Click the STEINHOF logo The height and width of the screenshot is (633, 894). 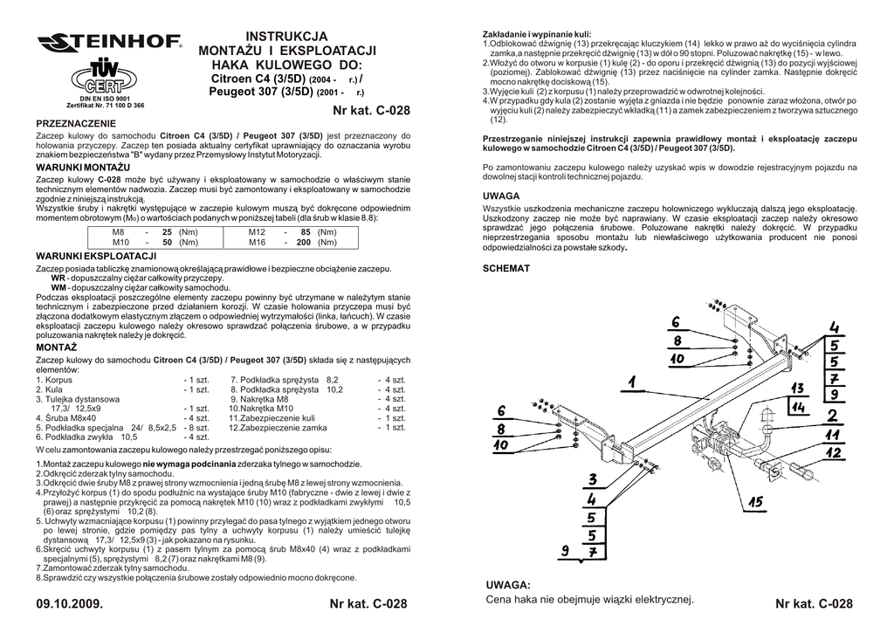pos(109,41)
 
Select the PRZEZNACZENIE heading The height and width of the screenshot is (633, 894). pos(74,126)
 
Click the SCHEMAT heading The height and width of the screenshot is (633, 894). pos(506,269)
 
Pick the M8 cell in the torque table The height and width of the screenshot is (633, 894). pos(120,232)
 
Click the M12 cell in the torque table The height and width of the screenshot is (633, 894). pos(257,232)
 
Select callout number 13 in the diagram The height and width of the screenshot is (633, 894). pos(797,389)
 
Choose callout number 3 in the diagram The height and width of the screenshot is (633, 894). pos(592,479)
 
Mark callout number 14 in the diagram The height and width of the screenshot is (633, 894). pos(798,407)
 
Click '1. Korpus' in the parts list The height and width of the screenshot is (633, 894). pos(54,380)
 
